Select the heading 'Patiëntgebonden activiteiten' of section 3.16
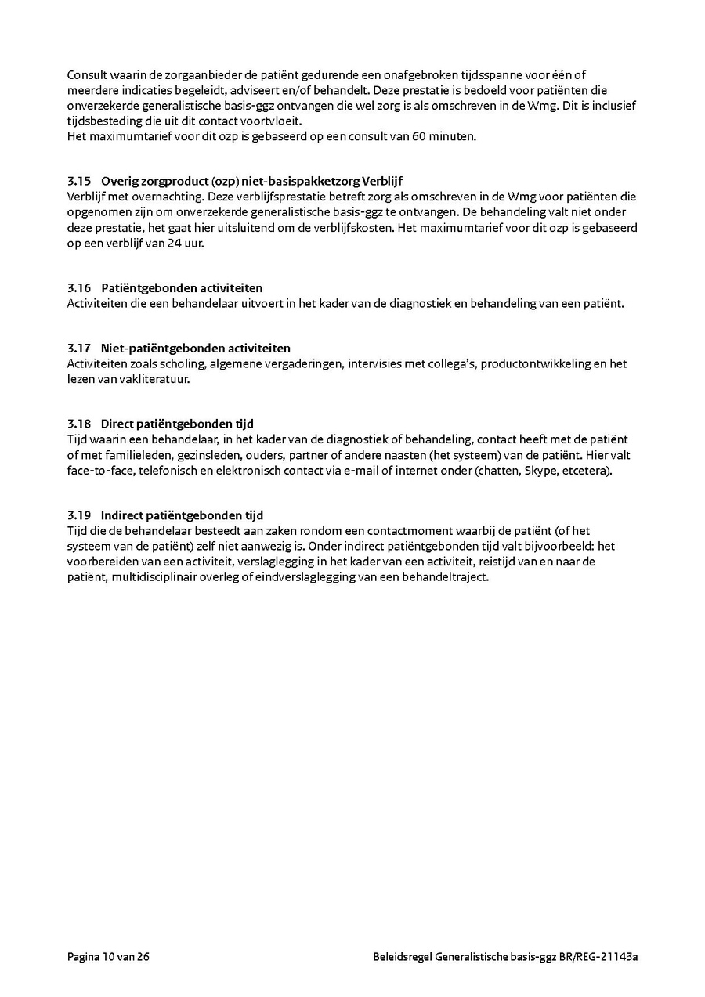click(x=182, y=288)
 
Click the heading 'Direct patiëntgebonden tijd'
click(x=177, y=424)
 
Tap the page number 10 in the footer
click(x=108, y=956)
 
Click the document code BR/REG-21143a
click(x=598, y=956)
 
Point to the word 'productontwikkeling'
click(x=532, y=363)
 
